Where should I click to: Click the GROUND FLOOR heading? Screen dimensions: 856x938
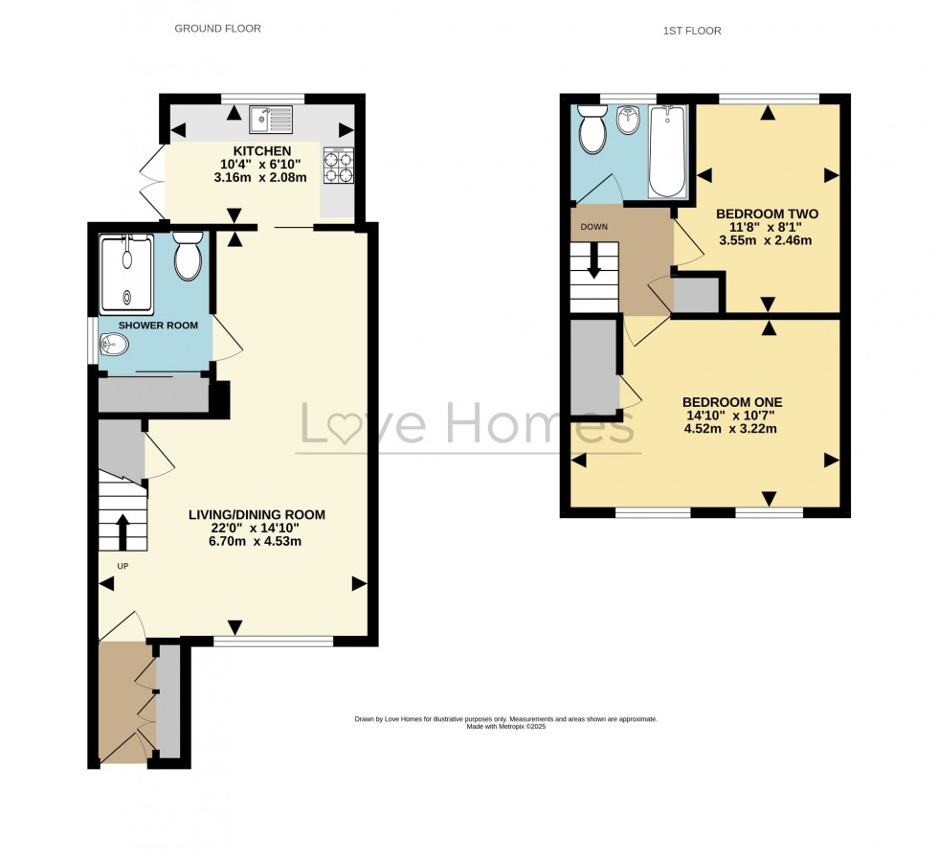[217, 29]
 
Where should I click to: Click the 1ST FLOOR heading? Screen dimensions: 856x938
[692, 31]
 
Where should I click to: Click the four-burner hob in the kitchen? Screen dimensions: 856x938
[338, 164]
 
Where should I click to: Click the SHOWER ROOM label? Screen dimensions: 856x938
[158, 326]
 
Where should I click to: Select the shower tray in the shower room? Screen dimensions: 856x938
[128, 274]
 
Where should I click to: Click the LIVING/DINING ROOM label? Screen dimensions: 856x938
[257, 515]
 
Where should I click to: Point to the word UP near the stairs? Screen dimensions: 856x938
[123, 566]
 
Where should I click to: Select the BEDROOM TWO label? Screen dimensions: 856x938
[767, 214]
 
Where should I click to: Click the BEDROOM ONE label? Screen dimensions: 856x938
[732, 403]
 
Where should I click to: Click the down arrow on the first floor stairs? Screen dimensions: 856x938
[594, 259]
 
